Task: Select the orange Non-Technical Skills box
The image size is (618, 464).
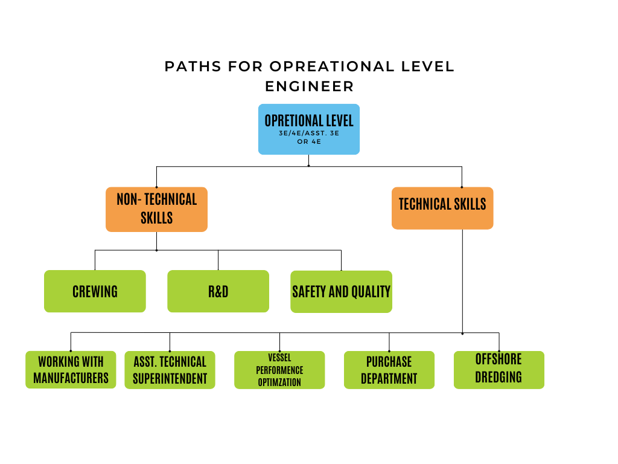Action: tap(156, 209)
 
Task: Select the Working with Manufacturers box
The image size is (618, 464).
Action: tap(71, 370)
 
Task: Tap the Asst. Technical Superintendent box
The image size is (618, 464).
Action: tap(170, 370)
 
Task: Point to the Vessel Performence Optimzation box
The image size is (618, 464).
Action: tap(279, 370)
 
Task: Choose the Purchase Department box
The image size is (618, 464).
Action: tap(389, 370)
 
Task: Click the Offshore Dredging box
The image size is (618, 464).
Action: tap(499, 370)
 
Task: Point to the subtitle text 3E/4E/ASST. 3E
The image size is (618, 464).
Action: tap(308, 133)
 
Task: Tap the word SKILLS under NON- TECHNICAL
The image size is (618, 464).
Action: tap(156, 218)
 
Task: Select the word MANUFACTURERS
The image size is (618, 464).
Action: tap(71, 378)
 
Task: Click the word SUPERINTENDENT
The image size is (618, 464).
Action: tap(170, 379)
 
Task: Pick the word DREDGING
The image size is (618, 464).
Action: tap(499, 377)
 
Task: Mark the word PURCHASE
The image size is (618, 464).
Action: tap(389, 362)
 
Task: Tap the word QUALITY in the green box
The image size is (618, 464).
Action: tap(371, 292)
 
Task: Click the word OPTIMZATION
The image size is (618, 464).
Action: tap(279, 382)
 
